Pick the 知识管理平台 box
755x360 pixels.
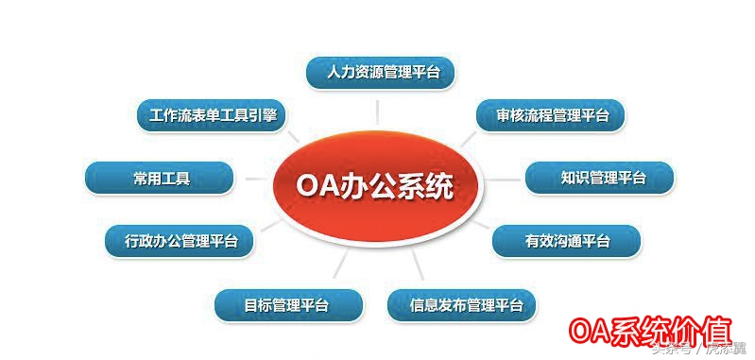click(599, 177)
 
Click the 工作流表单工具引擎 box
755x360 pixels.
click(211, 115)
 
